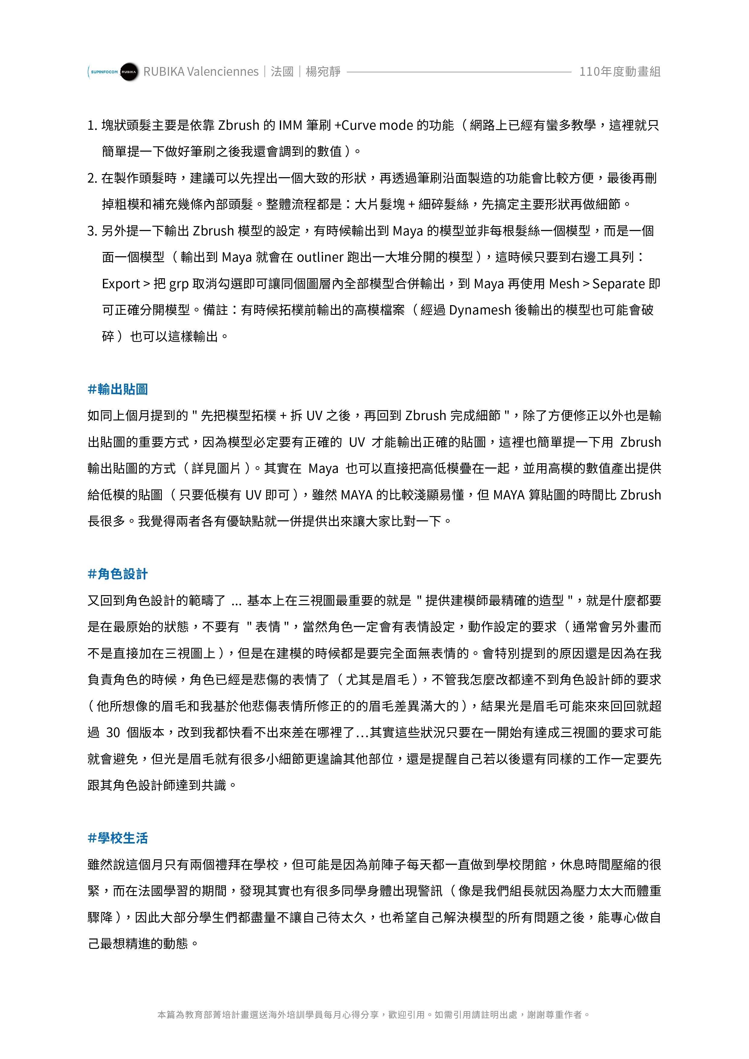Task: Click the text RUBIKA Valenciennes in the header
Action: [201, 72]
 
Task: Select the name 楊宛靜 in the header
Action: [323, 72]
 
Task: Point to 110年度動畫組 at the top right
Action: [620, 72]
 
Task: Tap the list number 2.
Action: [91, 178]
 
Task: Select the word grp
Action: [179, 284]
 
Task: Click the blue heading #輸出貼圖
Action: [118, 390]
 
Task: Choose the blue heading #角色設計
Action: [118, 574]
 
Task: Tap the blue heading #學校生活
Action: [118, 838]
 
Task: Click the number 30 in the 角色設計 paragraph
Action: [113, 733]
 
